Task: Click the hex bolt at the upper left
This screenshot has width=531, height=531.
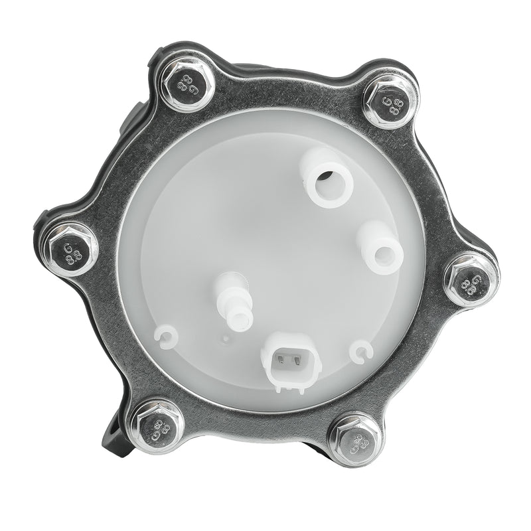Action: pos(187,84)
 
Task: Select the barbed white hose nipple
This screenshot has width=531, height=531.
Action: pos(235,301)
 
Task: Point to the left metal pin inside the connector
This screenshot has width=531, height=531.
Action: pos(284,362)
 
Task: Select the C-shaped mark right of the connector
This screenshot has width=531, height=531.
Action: pos(361,351)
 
